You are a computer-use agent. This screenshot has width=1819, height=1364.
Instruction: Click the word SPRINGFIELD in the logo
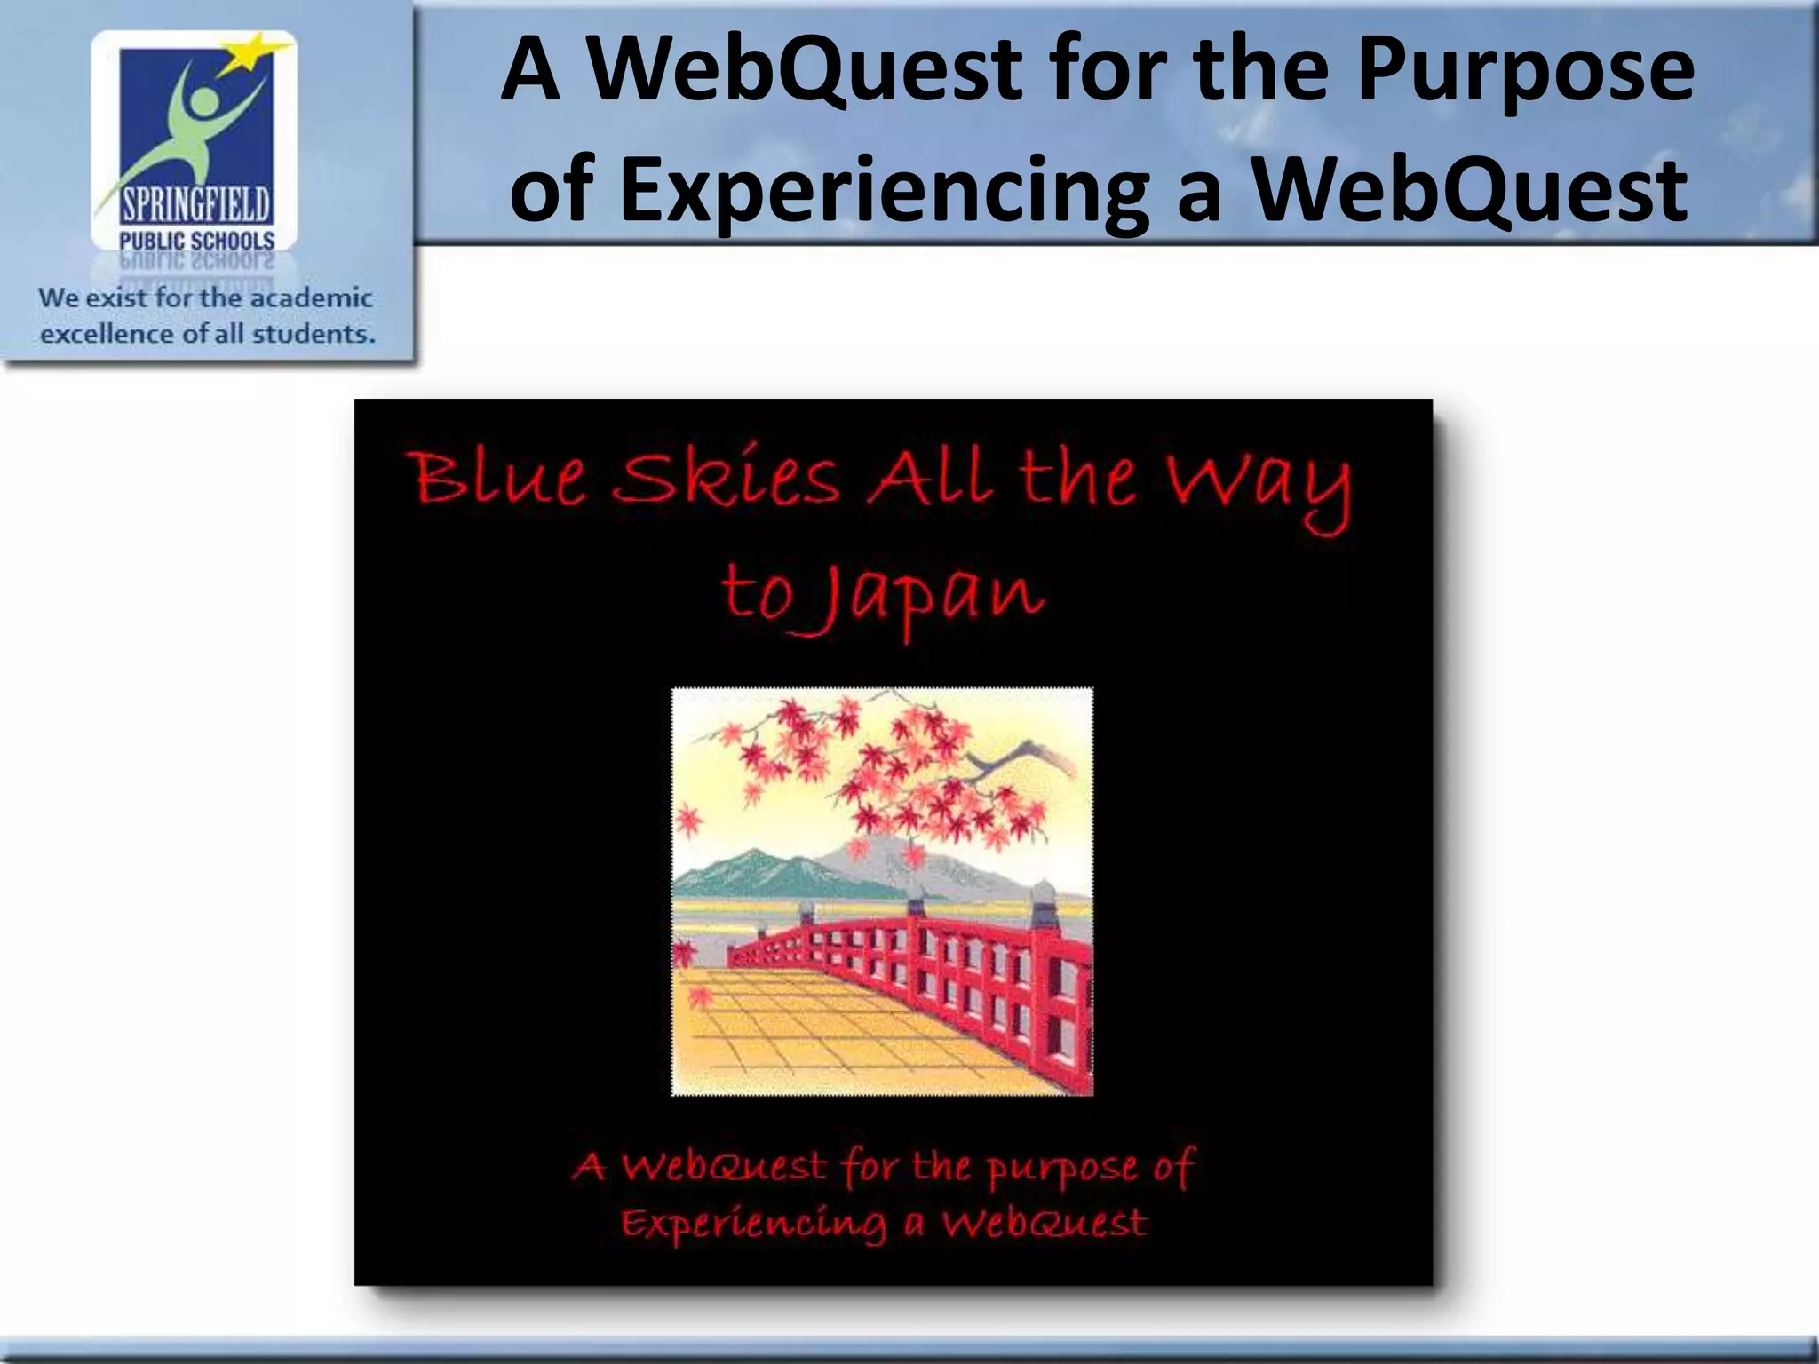195,207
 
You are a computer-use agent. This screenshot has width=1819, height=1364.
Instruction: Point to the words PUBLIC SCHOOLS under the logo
197,241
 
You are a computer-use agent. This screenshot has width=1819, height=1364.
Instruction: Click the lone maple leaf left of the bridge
686,953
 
